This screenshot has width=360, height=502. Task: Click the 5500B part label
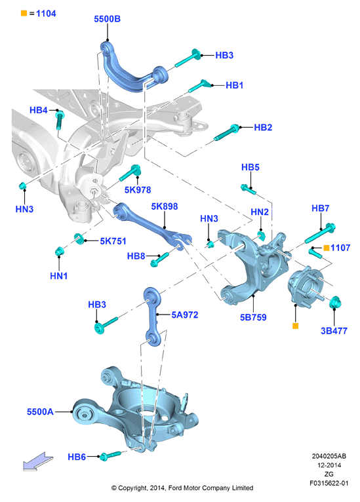[107, 19]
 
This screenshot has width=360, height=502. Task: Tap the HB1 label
[235, 85]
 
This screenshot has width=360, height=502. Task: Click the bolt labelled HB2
[226, 133]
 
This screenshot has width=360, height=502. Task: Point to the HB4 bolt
[59, 120]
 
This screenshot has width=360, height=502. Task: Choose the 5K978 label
[138, 190]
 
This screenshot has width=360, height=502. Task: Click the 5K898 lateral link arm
[151, 225]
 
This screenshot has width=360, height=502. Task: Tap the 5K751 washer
[79, 239]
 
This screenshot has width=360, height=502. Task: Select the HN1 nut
[59, 251]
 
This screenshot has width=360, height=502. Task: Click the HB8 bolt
[159, 260]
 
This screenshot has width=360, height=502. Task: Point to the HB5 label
[250, 167]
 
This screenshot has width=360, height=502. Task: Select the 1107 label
[340, 248]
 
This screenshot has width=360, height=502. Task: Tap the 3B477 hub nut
[335, 302]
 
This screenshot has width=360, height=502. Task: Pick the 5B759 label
[253, 317]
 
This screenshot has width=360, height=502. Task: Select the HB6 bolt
[111, 455]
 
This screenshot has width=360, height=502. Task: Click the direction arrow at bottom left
[38, 461]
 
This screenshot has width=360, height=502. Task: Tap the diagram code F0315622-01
[329, 484]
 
